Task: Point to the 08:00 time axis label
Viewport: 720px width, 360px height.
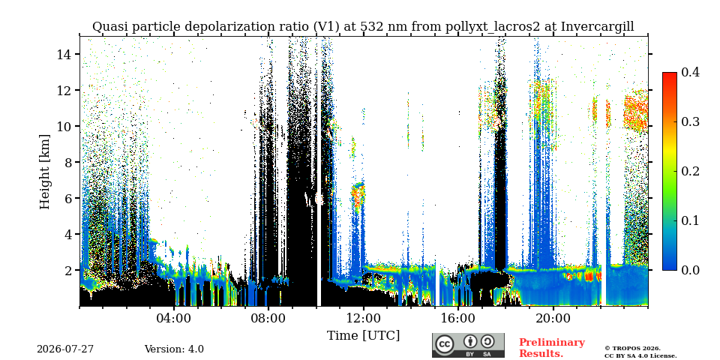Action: (x=269, y=318)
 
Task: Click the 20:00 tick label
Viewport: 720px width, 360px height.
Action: (x=553, y=318)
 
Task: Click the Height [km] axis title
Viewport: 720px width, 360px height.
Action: (x=44, y=172)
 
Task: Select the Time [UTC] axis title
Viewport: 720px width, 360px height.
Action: (x=363, y=336)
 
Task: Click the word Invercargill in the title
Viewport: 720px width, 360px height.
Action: (x=598, y=27)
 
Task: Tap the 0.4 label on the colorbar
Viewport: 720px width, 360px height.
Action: (x=690, y=72)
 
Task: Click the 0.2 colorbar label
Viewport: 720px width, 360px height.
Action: (x=690, y=171)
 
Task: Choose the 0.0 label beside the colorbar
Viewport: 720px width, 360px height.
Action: (x=690, y=270)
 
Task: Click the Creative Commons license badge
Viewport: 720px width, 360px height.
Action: (x=468, y=345)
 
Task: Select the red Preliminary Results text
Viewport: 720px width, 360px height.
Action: (x=552, y=348)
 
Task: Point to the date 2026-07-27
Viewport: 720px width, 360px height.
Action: (x=65, y=349)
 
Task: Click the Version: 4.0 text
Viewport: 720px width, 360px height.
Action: (x=174, y=349)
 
